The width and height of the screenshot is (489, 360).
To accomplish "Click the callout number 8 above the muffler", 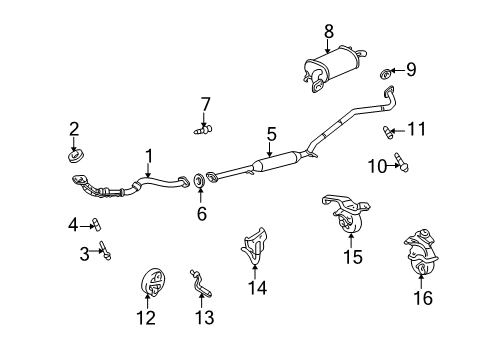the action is (x=329, y=32).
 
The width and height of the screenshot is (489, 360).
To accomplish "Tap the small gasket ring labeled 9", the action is (x=386, y=74).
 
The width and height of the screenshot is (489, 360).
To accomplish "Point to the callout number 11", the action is (x=417, y=129).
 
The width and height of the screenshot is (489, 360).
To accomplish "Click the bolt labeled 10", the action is (x=401, y=162).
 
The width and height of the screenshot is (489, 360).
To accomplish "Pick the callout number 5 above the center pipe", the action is (x=272, y=134).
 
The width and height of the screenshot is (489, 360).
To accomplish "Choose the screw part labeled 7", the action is (x=203, y=129).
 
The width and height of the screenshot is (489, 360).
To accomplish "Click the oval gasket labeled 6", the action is (x=199, y=180).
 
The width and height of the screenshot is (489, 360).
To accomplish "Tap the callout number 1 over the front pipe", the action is (x=149, y=156).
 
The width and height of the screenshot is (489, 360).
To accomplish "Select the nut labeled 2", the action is (x=75, y=156).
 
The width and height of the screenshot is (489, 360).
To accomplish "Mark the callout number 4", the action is (x=73, y=225).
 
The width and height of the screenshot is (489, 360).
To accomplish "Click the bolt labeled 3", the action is (x=105, y=250).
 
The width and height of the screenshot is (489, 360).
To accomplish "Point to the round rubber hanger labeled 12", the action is (x=152, y=282).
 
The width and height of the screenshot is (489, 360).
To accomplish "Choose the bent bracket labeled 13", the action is (x=201, y=283).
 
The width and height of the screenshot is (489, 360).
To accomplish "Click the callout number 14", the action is (x=257, y=288).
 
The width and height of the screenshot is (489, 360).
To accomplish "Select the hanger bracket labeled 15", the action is (x=347, y=213).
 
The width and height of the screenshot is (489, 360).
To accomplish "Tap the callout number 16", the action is (x=423, y=298).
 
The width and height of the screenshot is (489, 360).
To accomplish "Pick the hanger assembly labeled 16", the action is (x=422, y=252).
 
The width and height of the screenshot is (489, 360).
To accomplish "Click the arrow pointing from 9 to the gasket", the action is (x=397, y=70).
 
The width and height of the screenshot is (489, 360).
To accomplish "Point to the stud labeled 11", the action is (x=388, y=133).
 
